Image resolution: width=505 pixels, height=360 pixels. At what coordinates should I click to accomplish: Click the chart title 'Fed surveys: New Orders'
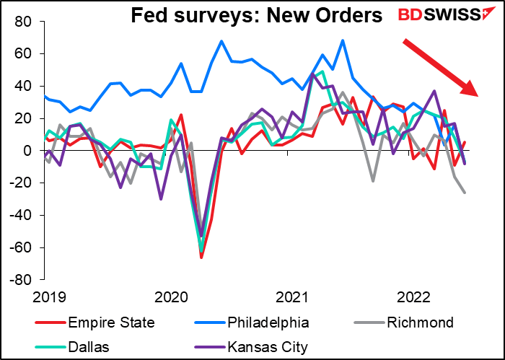point(256,15)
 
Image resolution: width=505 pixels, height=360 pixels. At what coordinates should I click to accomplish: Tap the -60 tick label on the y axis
point(22,247)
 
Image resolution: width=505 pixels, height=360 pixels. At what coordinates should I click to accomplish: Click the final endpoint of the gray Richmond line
point(465,193)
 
